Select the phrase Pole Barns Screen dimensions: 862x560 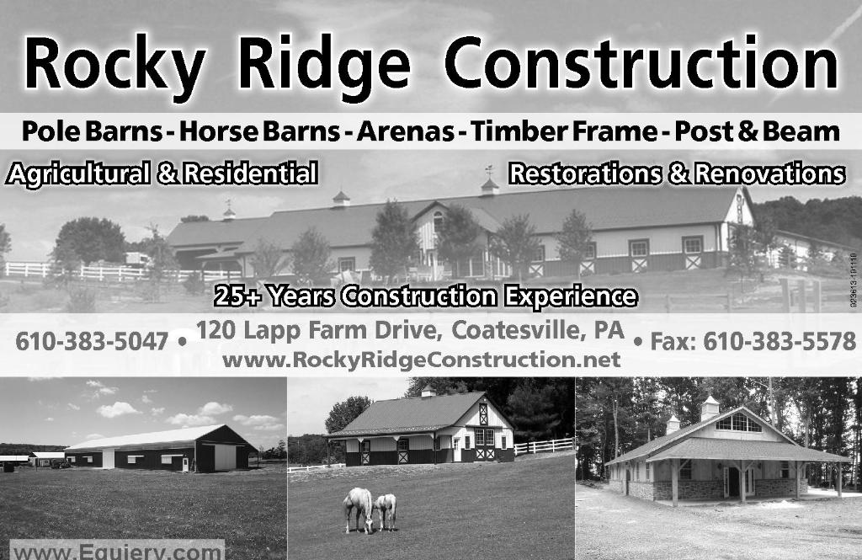(92, 131)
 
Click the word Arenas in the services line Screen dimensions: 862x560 (405, 131)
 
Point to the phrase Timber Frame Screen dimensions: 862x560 (564, 131)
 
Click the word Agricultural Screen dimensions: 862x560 (77, 173)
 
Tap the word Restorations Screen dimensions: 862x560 (586, 173)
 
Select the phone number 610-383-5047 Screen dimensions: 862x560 (92, 342)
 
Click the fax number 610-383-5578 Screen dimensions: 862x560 (780, 342)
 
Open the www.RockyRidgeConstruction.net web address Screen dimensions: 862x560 (421, 360)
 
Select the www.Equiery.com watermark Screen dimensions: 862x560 (117, 552)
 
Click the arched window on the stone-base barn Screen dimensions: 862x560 (738, 423)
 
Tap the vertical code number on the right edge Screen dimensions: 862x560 (853, 280)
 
